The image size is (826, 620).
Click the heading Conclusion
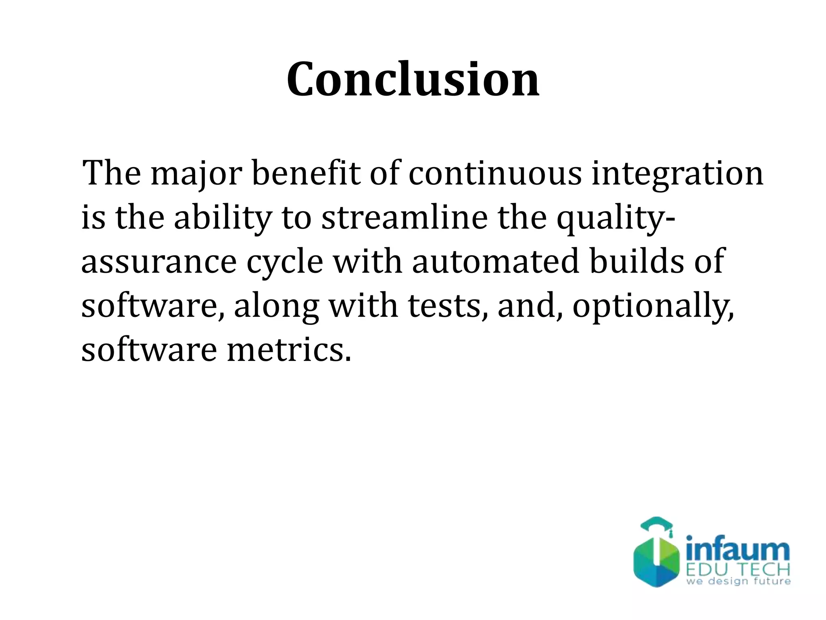413,80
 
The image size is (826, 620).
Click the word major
196,174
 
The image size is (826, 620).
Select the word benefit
305,174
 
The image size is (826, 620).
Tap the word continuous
495,174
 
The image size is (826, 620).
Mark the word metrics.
289,350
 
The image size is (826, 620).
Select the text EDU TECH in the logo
738,570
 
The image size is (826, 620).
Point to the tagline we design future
738,582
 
